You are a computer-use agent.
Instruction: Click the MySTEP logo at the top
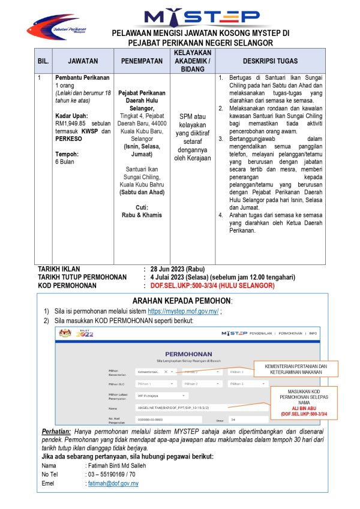coord(202,16)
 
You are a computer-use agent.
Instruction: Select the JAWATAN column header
coord(83,61)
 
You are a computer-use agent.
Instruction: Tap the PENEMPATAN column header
coord(142,61)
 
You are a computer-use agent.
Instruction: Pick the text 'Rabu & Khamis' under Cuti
coord(142,215)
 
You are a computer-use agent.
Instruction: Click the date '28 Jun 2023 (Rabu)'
coord(178,269)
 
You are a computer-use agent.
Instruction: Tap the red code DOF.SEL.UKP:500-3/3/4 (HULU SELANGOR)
coord(212,286)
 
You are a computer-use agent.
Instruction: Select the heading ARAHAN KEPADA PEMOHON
coord(181,301)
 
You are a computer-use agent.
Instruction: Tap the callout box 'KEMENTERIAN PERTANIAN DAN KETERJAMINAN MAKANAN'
coord(297,369)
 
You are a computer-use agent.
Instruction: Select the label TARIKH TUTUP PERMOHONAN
coord(82,278)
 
